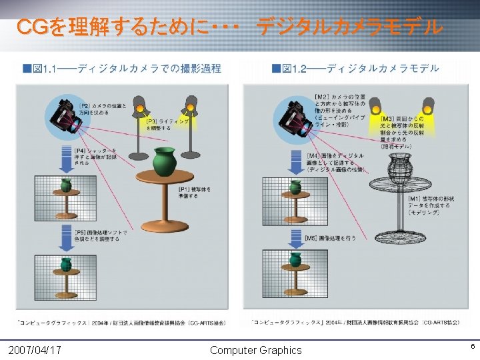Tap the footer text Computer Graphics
pyautogui.click(x=255, y=350)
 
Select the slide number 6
pyautogui.click(x=472, y=347)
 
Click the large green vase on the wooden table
pyautogui.click(x=163, y=161)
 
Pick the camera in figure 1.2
pyautogui.click(x=297, y=116)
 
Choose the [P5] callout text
pyautogui.click(x=101, y=234)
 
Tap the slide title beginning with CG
pyautogui.click(x=229, y=27)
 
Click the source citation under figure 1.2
pyautogui.click(x=358, y=323)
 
